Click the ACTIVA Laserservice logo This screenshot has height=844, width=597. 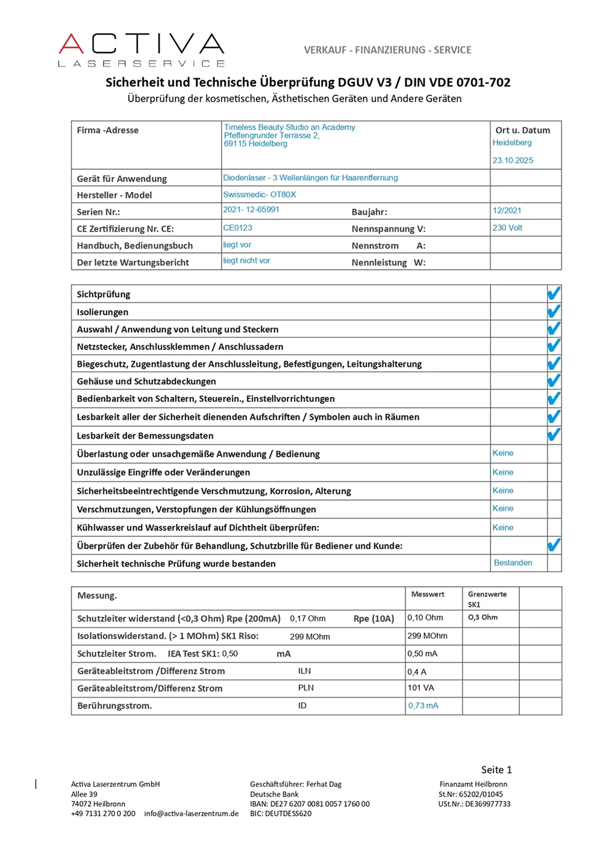(x=142, y=49)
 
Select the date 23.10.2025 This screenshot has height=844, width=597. (x=513, y=160)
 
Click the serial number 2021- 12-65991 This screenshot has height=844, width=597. (x=251, y=210)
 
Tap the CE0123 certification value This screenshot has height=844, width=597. (x=237, y=228)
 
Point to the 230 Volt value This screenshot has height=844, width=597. (x=507, y=228)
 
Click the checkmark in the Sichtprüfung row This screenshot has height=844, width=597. (x=554, y=293)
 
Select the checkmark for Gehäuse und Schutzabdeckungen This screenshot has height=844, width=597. (x=554, y=381)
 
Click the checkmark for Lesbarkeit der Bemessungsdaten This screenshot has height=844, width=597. (x=554, y=434)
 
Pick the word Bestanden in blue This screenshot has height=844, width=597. (x=513, y=563)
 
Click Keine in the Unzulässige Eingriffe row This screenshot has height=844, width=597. (x=502, y=472)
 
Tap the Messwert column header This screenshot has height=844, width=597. (x=427, y=595)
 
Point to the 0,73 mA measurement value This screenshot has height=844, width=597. (x=423, y=705)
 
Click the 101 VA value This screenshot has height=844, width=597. (x=420, y=688)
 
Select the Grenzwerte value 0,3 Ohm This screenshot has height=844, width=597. (x=483, y=617)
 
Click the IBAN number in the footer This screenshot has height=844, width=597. (x=310, y=804)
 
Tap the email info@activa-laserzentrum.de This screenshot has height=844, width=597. (x=191, y=813)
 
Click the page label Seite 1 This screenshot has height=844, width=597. (x=496, y=770)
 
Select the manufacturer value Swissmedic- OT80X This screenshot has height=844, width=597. (x=259, y=195)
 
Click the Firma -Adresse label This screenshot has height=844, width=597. (x=107, y=130)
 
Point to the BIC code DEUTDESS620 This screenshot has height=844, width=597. (x=281, y=813)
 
